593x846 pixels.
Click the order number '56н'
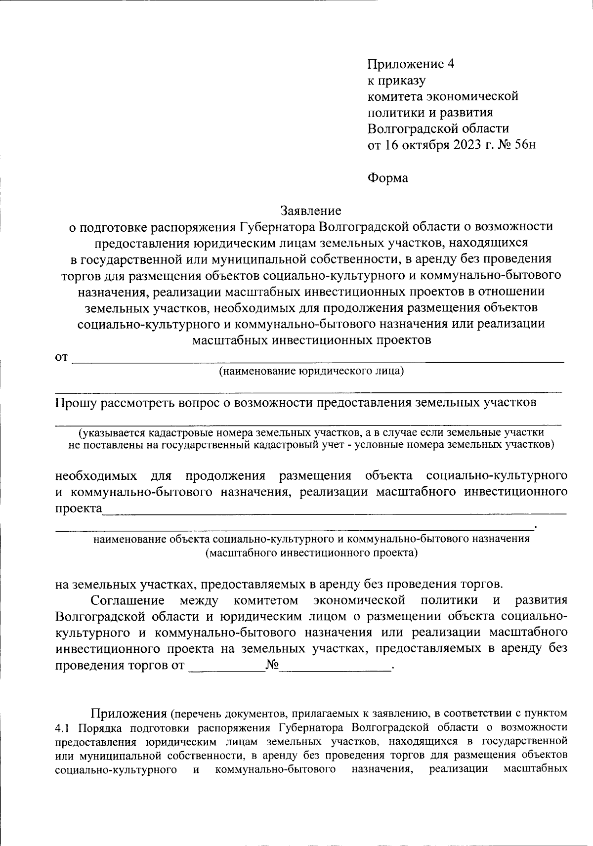pos(523,145)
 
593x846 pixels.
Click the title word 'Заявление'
pos(311,211)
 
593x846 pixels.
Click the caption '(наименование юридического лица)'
pos(311,371)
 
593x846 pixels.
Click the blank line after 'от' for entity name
pos(316,360)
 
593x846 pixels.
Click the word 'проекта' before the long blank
pos(78,508)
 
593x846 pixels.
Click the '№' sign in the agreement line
pos(272,665)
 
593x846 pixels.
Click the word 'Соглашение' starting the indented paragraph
pos(127,600)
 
